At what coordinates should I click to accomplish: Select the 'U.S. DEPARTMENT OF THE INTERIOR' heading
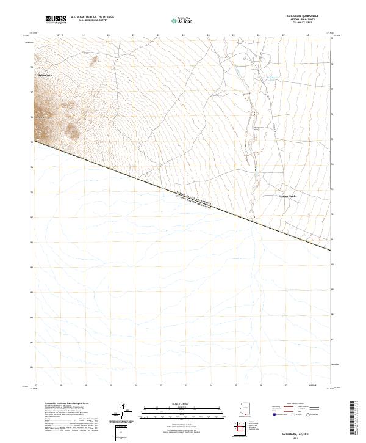[92, 17]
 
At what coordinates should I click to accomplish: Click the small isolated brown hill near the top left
[95, 60]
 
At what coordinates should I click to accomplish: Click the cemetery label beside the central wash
[257, 129]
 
